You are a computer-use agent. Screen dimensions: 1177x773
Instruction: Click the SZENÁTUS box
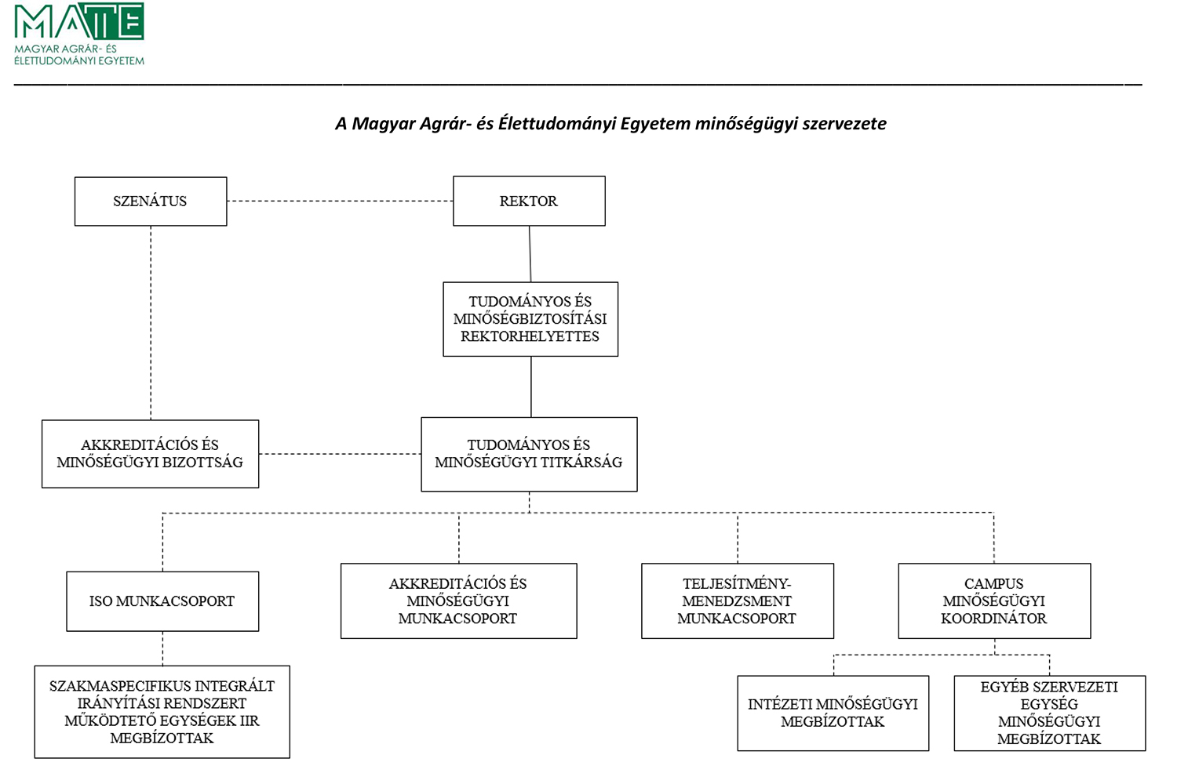151,201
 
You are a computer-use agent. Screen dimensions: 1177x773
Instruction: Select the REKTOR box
529,201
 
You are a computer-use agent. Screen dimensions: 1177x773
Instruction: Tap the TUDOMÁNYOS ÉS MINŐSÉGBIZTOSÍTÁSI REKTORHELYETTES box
530,319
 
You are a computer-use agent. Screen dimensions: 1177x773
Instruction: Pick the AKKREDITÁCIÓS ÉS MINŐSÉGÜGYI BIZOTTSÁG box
151,454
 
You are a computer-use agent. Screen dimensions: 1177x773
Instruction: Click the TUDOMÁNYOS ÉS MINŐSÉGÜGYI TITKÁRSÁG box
529,454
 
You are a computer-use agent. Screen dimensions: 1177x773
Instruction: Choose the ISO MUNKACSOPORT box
162,601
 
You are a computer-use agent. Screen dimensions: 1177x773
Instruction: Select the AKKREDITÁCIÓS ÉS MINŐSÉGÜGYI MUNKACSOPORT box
459,601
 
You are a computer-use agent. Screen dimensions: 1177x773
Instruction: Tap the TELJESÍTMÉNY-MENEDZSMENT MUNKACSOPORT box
738,601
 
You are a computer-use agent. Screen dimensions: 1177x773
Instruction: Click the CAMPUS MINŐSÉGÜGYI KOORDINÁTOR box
994,601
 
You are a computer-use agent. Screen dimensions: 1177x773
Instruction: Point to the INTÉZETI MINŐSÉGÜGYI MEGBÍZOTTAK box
833,713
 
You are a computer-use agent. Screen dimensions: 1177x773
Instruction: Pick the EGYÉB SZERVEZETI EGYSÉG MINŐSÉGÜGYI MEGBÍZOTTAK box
1049,713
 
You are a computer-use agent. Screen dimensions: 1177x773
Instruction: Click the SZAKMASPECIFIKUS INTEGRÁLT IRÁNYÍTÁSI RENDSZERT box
162,712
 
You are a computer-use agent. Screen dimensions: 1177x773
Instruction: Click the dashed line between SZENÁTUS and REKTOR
340,201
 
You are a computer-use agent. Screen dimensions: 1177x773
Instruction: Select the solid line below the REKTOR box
530,254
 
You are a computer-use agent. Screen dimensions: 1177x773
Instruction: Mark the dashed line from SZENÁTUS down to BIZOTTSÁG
151,323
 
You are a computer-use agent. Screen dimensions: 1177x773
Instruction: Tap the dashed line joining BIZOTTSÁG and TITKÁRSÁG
340,454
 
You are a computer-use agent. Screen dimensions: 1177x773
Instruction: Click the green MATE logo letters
78,21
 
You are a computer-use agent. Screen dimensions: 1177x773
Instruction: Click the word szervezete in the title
844,124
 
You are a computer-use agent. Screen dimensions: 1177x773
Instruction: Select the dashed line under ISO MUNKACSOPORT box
162,648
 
